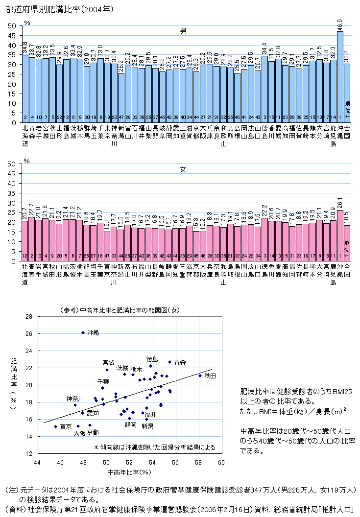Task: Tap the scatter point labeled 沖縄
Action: click(x=83, y=332)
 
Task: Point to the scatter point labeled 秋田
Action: click(x=200, y=376)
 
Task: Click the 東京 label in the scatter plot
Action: click(x=66, y=427)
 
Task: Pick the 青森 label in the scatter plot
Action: click(x=180, y=362)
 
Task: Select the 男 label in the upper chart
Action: click(x=183, y=31)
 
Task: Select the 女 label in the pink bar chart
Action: click(x=183, y=169)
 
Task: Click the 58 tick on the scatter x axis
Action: click(x=198, y=462)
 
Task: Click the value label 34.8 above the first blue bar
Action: click(x=25, y=47)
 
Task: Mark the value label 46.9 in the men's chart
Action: click(x=340, y=24)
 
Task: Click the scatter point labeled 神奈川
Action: click(x=75, y=405)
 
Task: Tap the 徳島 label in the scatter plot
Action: click(x=152, y=359)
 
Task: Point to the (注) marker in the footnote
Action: click(x=11, y=490)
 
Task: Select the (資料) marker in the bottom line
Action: click(x=14, y=509)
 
